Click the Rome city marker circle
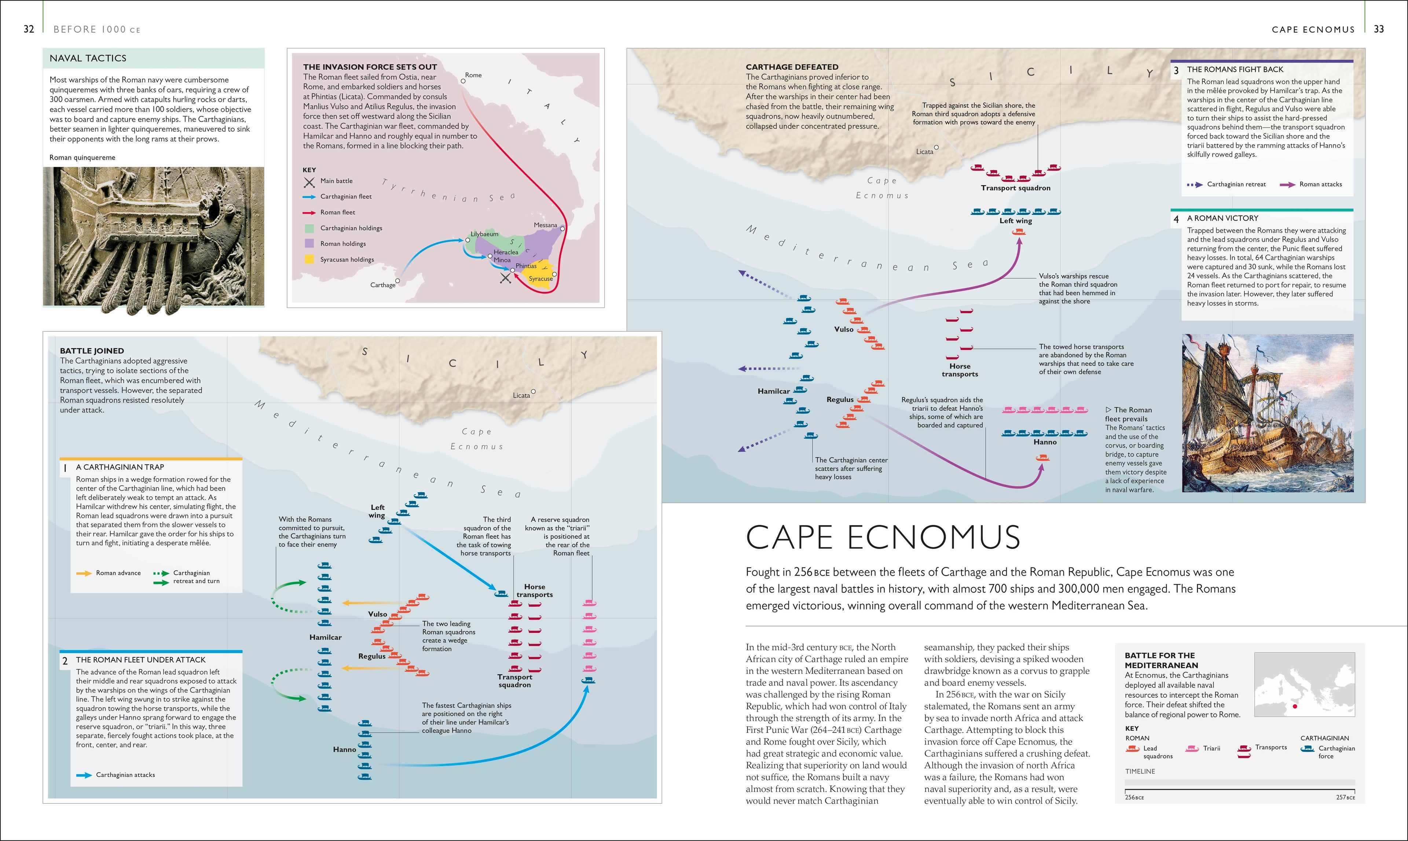coord(463,81)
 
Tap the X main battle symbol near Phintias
coord(505,278)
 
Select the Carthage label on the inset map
coord(383,285)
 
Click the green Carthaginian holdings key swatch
coord(309,228)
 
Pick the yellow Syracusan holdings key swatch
coord(309,259)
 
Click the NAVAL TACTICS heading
coord(88,58)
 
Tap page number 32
coord(28,29)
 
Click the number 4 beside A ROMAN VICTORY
coord(1176,219)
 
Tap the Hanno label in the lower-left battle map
coord(344,749)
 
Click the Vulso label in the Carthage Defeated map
coord(844,329)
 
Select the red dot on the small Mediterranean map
coord(1295,706)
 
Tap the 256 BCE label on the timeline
coord(1134,797)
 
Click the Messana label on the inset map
coord(545,225)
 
